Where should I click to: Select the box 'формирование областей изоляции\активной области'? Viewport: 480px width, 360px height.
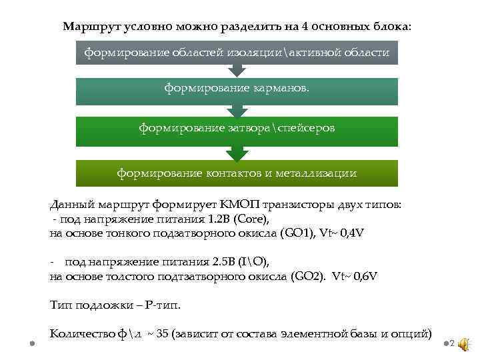tap(237, 52)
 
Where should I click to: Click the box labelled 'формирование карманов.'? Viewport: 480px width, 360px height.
tap(237, 89)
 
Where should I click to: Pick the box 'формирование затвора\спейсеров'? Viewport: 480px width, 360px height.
tap(237, 127)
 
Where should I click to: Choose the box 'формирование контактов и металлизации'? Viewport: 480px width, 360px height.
tap(237, 173)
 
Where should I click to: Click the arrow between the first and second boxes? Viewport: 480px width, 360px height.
tap(237, 71)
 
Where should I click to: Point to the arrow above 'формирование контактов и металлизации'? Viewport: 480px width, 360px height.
tap(237, 154)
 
